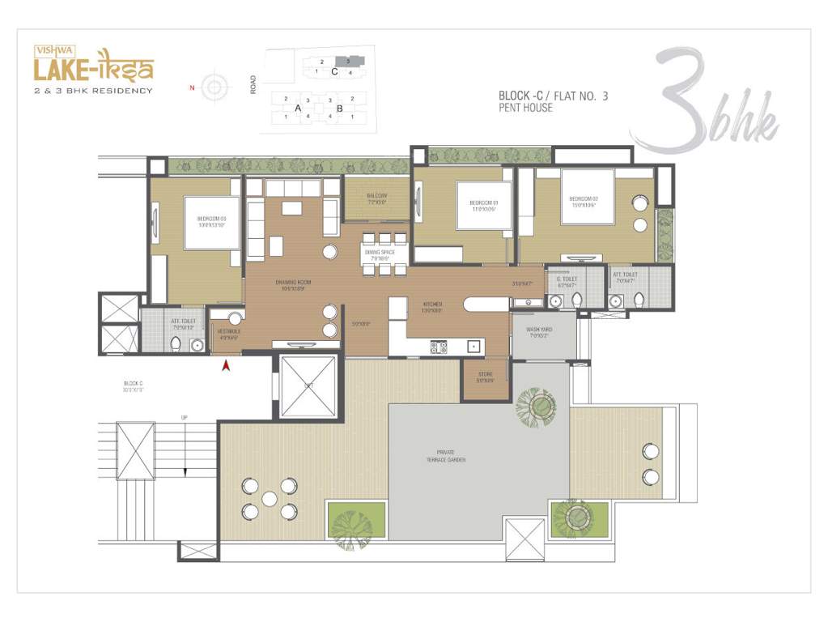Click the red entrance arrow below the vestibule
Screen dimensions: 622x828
click(x=227, y=366)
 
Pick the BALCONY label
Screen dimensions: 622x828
click(x=376, y=196)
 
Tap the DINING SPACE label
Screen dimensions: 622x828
click(x=380, y=253)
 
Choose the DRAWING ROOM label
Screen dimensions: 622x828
click(x=292, y=283)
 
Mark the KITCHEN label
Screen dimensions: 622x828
click(x=431, y=305)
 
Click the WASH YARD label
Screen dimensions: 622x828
click(x=539, y=330)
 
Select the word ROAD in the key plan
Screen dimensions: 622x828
click(x=253, y=84)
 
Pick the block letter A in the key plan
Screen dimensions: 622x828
click(x=298, y=108)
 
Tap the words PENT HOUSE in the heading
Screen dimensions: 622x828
click(x=526, y=108)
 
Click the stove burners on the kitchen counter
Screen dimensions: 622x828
click(x=438, y=347)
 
